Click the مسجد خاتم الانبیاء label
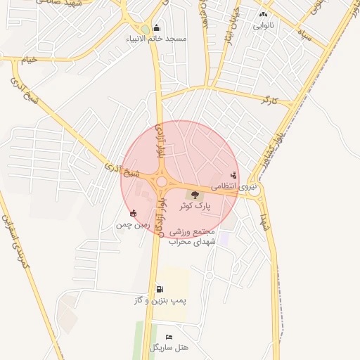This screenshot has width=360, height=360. point(157,38)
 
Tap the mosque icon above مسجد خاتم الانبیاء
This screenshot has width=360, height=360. point(157,27)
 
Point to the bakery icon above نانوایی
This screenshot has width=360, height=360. point(263,13)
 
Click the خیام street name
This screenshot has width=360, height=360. point(28,60)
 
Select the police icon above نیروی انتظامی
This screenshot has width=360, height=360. point(233,175)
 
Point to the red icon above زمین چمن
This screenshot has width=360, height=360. point(134,213)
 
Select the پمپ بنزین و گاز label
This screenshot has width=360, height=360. point(160,300)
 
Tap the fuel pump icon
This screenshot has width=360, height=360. point(160,289)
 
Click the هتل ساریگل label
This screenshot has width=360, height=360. point(168,348)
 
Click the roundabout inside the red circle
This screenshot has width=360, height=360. point(161,182)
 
